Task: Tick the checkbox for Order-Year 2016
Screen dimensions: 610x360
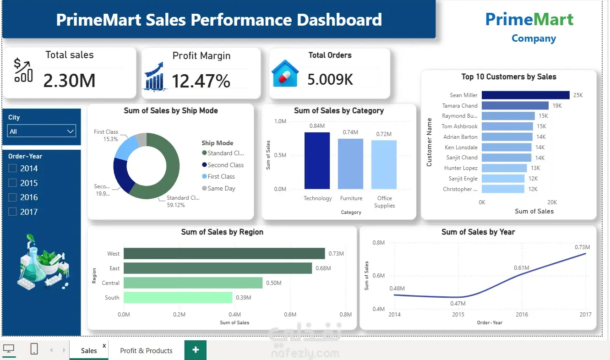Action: coord(12,197)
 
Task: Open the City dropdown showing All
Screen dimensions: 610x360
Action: coord(41,131)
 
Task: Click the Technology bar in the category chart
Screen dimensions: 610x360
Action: coord(317,161)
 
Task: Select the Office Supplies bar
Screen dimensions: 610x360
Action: coord(384,164)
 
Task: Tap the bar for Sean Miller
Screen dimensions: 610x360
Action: coord(526,95)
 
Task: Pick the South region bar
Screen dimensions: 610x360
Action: coord(178,297)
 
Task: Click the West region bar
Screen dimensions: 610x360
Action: coord(224,253)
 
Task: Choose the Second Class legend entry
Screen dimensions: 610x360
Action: coord(223,165)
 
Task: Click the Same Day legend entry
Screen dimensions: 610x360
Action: coord(218,188)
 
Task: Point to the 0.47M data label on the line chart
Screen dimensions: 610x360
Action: coord(458,303)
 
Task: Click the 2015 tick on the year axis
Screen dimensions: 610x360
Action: coord(458,314)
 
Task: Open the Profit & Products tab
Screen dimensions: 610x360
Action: coord(146,350)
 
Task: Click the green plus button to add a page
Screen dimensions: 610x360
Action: coord(195,350)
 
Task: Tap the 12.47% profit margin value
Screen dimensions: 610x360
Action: coord(201,81)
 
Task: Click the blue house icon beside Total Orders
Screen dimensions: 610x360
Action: coord(285,73)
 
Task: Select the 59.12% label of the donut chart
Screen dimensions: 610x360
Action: coord(176,205)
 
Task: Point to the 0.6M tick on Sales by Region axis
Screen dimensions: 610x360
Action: coord(290,314)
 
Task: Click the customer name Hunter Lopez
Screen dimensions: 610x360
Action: coord(461,168)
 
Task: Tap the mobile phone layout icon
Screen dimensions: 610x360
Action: coord(34,349)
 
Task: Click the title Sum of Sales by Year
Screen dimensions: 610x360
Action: coord(478,232)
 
